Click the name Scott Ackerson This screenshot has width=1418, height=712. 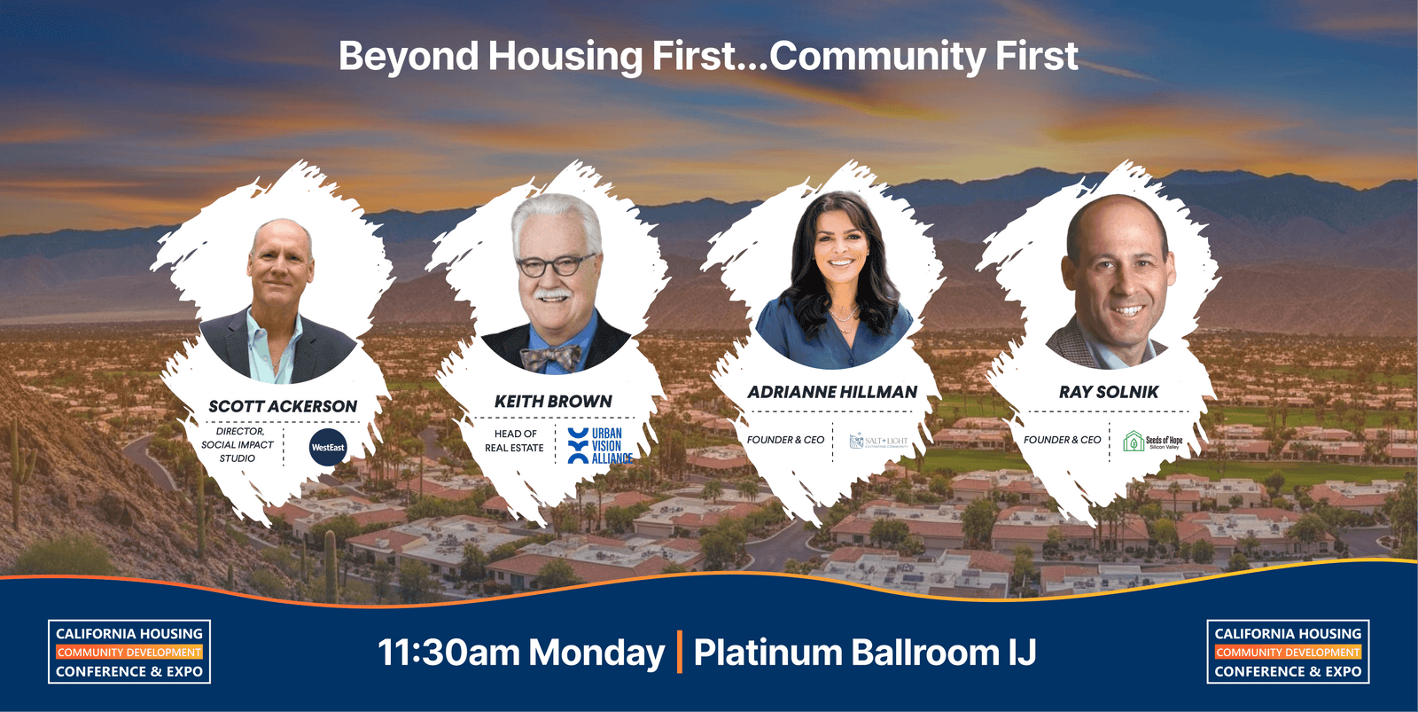coord(283,406)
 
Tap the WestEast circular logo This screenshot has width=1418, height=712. coord(328,447)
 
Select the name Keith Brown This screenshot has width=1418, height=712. coord(553,402)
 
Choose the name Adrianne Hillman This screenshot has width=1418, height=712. coord(832,392)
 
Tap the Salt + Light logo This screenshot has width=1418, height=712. coord(879,441)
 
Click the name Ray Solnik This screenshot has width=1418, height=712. coord(1109,392)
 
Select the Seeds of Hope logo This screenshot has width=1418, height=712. coord(1153,441)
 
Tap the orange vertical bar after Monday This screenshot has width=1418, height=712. coord(680,652)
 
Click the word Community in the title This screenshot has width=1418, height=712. coord(876,56)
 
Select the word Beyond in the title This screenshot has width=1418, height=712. coord(409,57)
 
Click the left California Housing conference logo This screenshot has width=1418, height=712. coord(129,652)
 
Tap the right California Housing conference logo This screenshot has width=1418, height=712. coord(1288,652)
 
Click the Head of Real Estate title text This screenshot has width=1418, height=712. coord(515,441)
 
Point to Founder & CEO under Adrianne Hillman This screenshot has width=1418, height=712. coord(785,440)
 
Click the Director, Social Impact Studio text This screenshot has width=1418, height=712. coord(238,444)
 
